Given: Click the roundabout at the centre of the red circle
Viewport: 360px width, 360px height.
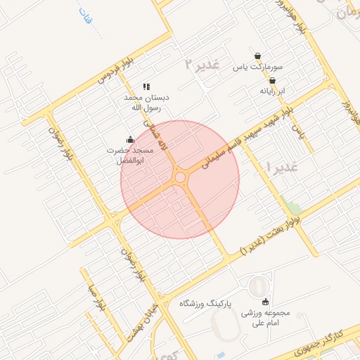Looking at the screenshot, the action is [180, 179].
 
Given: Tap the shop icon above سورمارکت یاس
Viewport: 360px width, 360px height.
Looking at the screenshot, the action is [257, 56].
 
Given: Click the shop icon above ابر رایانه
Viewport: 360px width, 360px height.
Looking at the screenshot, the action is [272, 80].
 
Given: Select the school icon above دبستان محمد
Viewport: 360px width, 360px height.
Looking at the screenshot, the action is [146, 86].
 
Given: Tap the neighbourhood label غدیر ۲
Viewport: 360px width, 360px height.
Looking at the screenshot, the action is [202, 64].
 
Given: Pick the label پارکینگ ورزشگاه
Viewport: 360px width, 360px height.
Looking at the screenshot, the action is [206, 303].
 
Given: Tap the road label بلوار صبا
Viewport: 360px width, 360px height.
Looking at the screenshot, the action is [96, 299].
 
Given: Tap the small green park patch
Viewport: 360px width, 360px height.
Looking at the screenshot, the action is [294, 207].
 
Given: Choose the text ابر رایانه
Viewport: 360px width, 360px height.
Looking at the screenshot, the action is [272, 91].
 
